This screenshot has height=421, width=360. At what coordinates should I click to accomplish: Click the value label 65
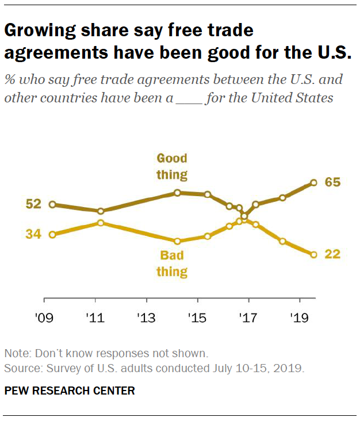pos(333,182)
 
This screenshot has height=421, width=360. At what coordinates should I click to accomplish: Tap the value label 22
pos(333,254)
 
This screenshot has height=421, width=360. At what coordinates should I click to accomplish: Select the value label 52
pos(33,204)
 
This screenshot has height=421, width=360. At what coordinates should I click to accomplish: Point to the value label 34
pos(33,234)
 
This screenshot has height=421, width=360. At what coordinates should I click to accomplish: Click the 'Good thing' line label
pos(173,166)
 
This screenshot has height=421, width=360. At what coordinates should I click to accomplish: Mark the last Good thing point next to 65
pos(313,183)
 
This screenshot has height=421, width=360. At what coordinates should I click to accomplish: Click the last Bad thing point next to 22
pos(313,254)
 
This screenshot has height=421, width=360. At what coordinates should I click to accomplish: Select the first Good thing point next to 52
pos(52,204)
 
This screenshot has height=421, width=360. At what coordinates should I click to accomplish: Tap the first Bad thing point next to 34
pos(52,235)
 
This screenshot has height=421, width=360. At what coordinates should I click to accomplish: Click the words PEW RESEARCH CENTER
pos(69,391)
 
